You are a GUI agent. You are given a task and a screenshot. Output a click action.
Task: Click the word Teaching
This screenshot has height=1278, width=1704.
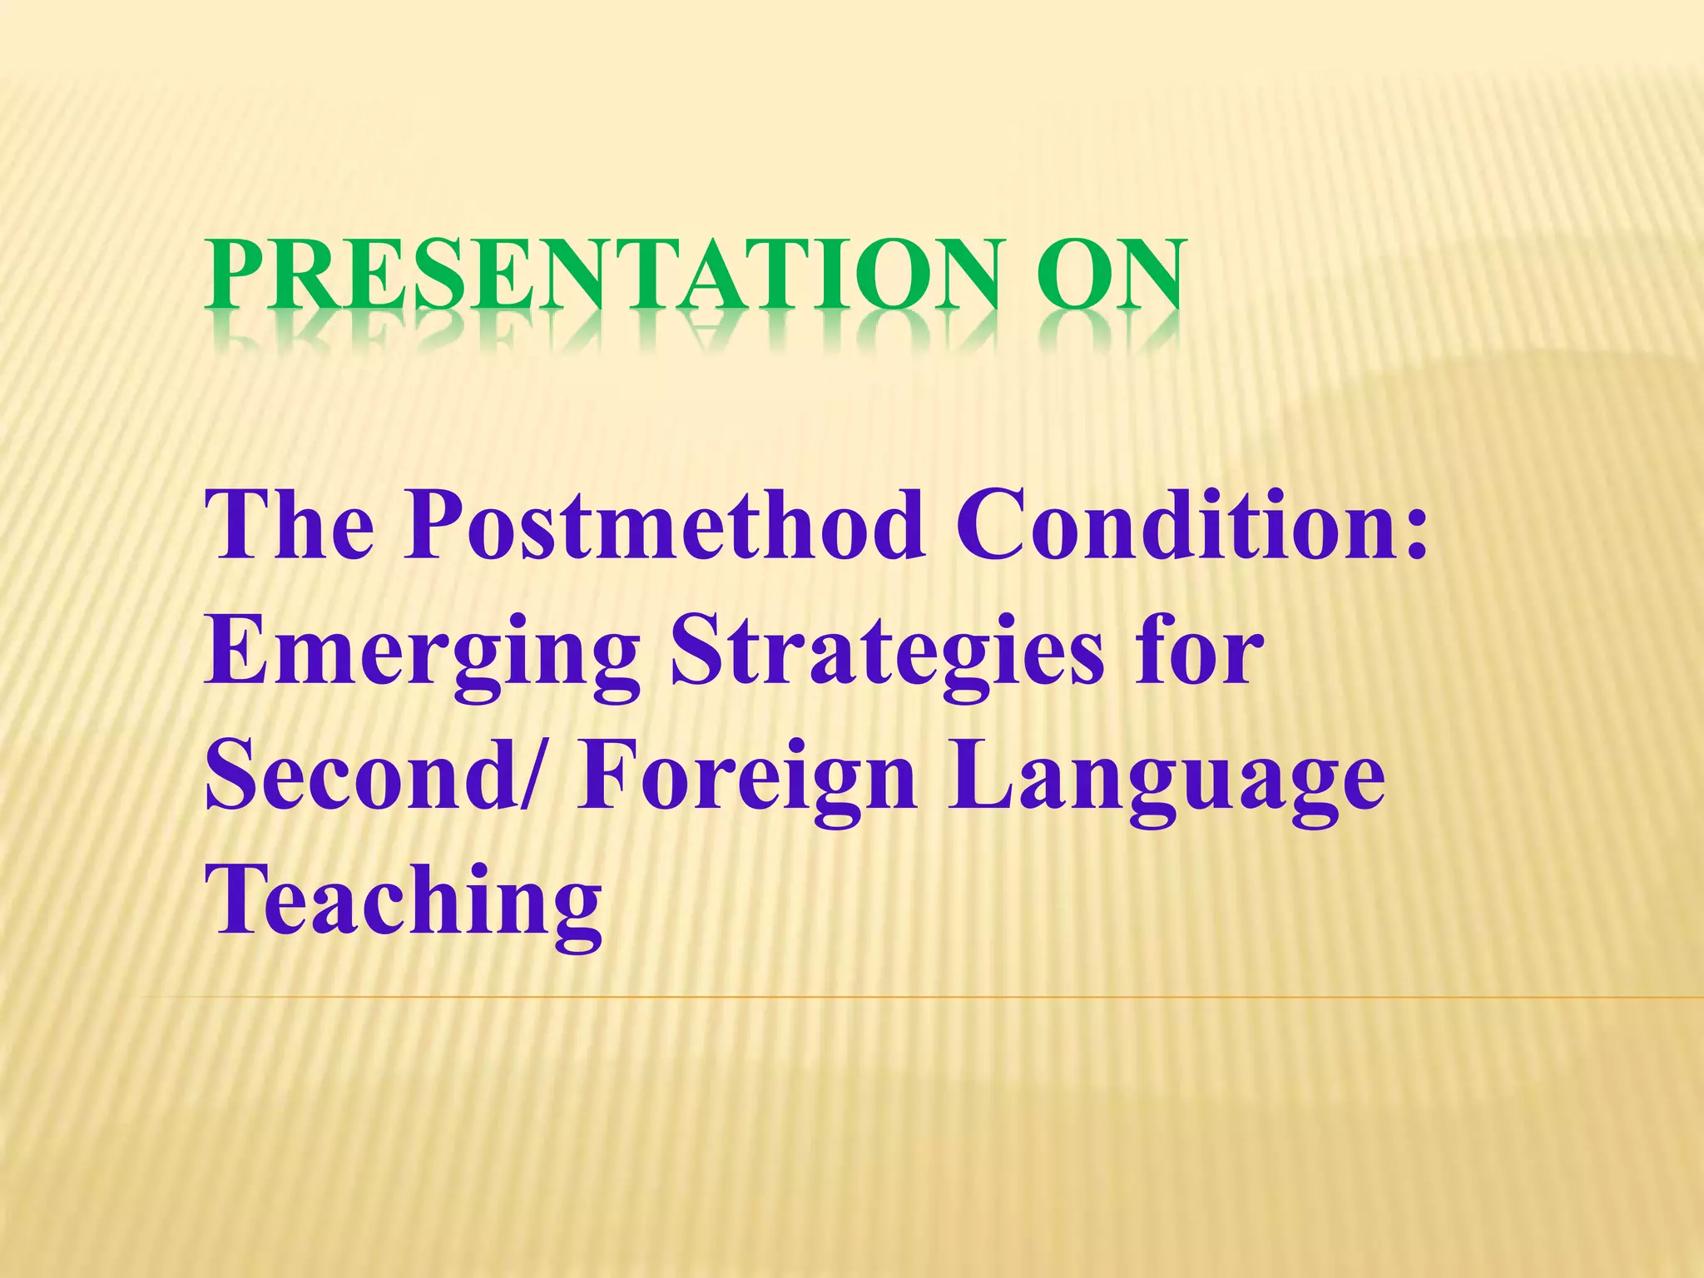pos(404,903)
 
